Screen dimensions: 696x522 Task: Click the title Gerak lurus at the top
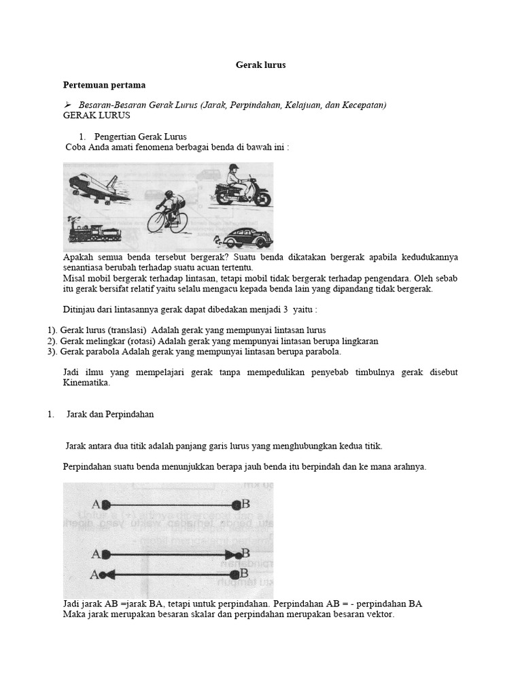click(260, 65)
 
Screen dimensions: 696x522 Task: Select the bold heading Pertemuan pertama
click(104, 86)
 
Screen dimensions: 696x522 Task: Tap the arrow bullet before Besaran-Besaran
click(67, 105)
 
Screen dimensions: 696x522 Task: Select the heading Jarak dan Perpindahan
click(110, 415)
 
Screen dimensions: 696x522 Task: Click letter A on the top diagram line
click(95, 504)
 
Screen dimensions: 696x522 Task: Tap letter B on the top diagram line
click(245, 504)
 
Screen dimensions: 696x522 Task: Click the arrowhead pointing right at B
click(230, 554)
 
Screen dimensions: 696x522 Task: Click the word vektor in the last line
click(380, 614)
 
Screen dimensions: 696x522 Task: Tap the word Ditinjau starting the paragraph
click(80, 310)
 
